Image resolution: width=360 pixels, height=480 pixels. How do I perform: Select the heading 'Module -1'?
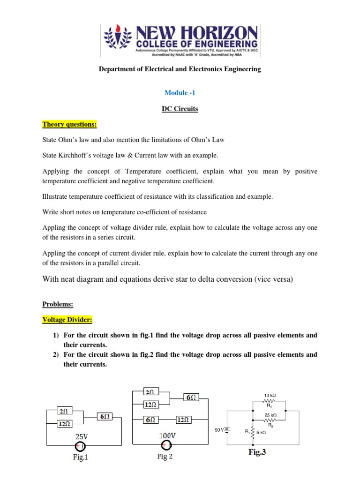(x=180, y=93)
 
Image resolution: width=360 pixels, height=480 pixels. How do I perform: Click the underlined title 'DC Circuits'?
(x=180, y=109)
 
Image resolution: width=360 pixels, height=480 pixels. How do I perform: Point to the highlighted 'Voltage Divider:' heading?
(x=67, y=320)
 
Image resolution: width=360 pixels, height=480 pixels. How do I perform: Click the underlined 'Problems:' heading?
(x=58, y=304)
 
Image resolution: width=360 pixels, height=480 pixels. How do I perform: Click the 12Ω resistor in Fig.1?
(x=64, y=424)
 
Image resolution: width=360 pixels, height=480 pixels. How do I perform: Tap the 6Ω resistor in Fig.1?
(x=104, y=416)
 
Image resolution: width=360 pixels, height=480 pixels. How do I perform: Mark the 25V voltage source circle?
(x=81, y=446)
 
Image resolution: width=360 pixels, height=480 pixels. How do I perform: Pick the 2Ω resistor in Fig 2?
(x=150, y=391)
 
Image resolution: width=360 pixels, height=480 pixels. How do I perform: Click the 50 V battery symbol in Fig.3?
(x=227, y=429)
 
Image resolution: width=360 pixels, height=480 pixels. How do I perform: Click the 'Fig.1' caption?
(x=80, y=457)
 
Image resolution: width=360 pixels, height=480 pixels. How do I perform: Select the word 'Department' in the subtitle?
(x=117, y=69)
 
